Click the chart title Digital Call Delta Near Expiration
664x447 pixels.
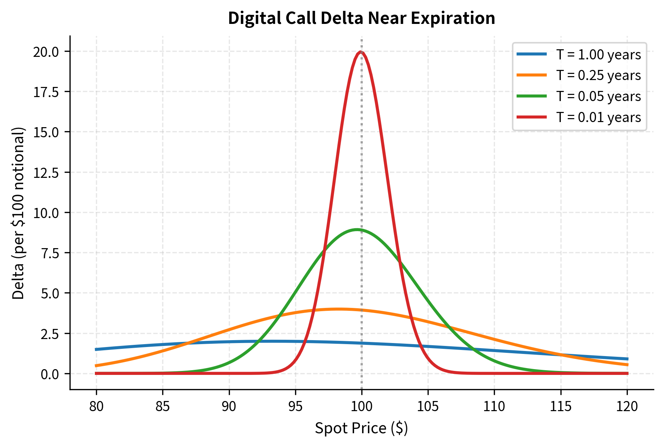(x=361, y=18)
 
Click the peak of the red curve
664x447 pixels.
(x=361, y=52)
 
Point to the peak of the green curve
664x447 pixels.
(x=357, y=229)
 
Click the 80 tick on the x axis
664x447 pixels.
(x=96, y=406)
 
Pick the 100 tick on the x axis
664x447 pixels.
(x=362, y=406)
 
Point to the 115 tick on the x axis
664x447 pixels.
(x=561, y=406)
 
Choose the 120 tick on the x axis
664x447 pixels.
(x=627, y=406)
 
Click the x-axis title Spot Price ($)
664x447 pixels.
(x=361, y=428)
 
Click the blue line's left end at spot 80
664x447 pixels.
(x=96, y=349)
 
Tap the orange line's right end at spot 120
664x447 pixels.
(x=627, y=365)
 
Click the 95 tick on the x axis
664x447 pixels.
(x=295, y=406)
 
